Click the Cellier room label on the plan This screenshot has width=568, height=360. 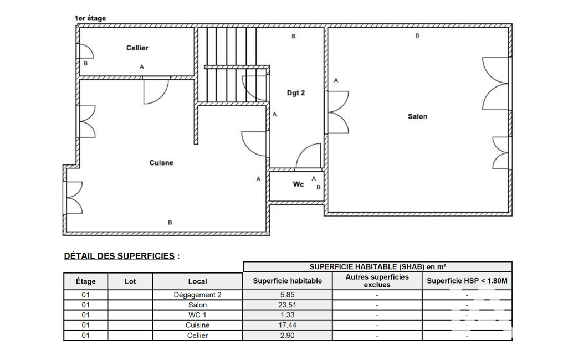click(137, 48)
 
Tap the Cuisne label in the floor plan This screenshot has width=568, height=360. click(161, 163)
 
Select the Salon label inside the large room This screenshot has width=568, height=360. click(418, 117)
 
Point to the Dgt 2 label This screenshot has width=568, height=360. click(295, 93)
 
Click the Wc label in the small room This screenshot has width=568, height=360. click(298, 184)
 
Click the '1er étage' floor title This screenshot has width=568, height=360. click(90, 18)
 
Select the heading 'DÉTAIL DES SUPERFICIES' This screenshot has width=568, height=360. click(119, 256)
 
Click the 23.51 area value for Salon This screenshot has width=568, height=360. click(287, 305)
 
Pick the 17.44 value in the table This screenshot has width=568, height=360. click(287, 325)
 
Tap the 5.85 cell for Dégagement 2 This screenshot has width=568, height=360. click(287, 295)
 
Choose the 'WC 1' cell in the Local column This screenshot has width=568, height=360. click(197, 315)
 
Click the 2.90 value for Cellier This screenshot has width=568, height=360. click(287, 336)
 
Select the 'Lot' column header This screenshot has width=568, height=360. click(130, 281)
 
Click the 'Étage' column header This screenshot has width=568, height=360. click(86, 281)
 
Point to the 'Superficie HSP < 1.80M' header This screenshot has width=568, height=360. click(467, 281)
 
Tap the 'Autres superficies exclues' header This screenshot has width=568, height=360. click(377, 281)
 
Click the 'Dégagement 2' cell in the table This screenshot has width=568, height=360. click(197, 295)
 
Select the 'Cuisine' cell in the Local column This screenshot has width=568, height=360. click(197, 325)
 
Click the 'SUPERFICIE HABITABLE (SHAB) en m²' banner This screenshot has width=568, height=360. click(377, 267)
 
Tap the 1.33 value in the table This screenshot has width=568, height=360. click(287, 315)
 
